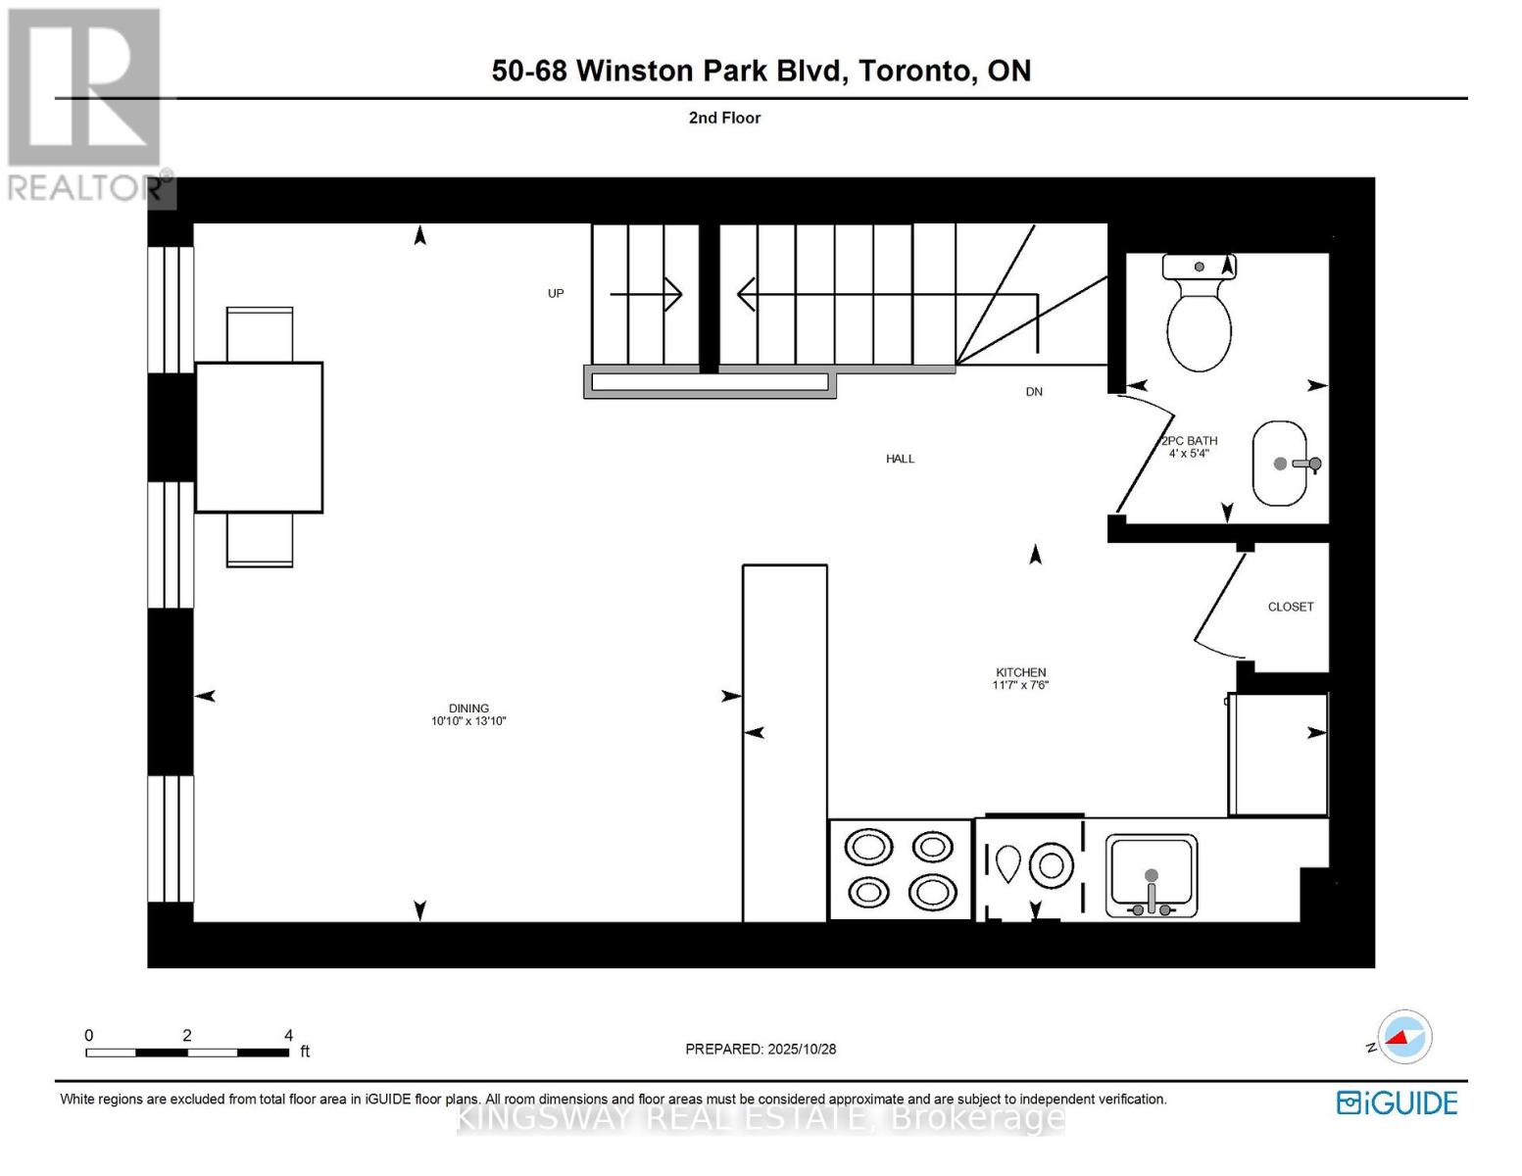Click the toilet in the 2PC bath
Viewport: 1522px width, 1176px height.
(1199, 312)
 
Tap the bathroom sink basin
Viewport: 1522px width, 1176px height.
(1280, 464)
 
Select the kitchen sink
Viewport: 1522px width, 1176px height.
(1152, 874)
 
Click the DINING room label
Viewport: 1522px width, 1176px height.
(468, 709)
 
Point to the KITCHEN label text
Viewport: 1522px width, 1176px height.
(1020, 672)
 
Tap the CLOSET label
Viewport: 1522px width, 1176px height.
(1290, 607)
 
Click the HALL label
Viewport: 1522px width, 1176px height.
(900, 459)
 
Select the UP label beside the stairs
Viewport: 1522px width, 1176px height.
(556, 293)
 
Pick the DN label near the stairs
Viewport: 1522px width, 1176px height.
(1034, 392)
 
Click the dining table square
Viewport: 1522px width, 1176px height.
(259, 437)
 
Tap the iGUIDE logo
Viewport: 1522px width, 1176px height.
(1397, 1102)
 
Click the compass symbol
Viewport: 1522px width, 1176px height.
(1404, 1037)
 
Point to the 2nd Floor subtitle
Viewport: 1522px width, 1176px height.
(724, 118)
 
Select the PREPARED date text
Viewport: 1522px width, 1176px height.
(761, 1049)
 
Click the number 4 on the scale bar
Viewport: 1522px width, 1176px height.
(288, 1035)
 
